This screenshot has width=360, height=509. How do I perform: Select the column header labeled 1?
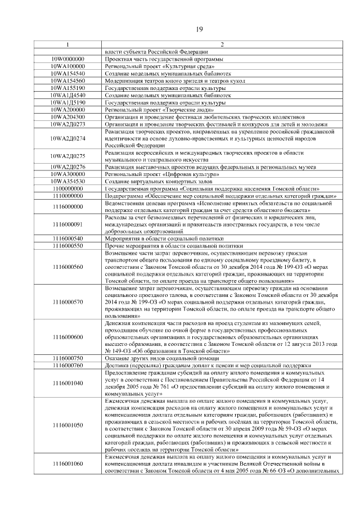pos(67,45)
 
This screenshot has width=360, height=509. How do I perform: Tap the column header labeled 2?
pos(221,45)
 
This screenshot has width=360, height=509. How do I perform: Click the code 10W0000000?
pos(67,59)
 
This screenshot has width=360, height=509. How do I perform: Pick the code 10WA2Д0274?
pos(67,138)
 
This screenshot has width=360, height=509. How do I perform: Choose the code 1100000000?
pos(67,189)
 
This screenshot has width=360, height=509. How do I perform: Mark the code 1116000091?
pos(67,224)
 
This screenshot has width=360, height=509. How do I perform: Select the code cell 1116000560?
pos(67,267)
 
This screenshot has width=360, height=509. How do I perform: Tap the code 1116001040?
pos(67,382)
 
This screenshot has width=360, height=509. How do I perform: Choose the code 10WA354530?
pos(67,182)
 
